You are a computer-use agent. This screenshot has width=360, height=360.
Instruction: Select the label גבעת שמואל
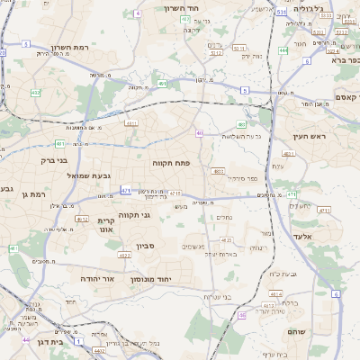click(88, 175)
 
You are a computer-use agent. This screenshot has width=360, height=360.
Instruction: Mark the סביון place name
click(146, 246)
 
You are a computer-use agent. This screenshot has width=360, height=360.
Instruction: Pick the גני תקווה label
click(157, 215)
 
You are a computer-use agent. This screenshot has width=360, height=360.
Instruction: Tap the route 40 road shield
click(199, 133)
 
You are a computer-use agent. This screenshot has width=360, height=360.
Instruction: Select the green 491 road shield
click(163, 84)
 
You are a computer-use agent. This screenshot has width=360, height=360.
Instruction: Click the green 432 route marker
click(35, 92)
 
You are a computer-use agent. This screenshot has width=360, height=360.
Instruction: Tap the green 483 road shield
click(241, 125)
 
